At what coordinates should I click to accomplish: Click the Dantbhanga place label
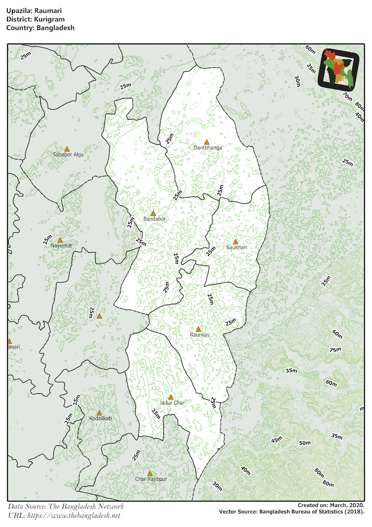coord(208,148)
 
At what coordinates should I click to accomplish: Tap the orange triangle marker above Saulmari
coord(235,242)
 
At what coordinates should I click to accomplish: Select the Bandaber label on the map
coord(154,219)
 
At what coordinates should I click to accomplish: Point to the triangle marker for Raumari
coord(198,329)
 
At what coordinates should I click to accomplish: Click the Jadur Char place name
coord(172,403)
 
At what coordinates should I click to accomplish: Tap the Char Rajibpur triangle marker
coord(150,473)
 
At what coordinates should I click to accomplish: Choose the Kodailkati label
coord(100,419)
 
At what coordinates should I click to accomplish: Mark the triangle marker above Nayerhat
coord(60,240)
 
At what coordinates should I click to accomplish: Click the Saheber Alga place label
coord(68,155)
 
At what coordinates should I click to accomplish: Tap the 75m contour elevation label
coord(335,350)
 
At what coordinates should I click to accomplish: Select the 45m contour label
coord(277,440)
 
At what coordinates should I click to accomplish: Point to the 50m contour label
coord(305,443)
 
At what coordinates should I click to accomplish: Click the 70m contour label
coord(347,97)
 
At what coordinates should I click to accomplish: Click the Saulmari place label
coord(236,248)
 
